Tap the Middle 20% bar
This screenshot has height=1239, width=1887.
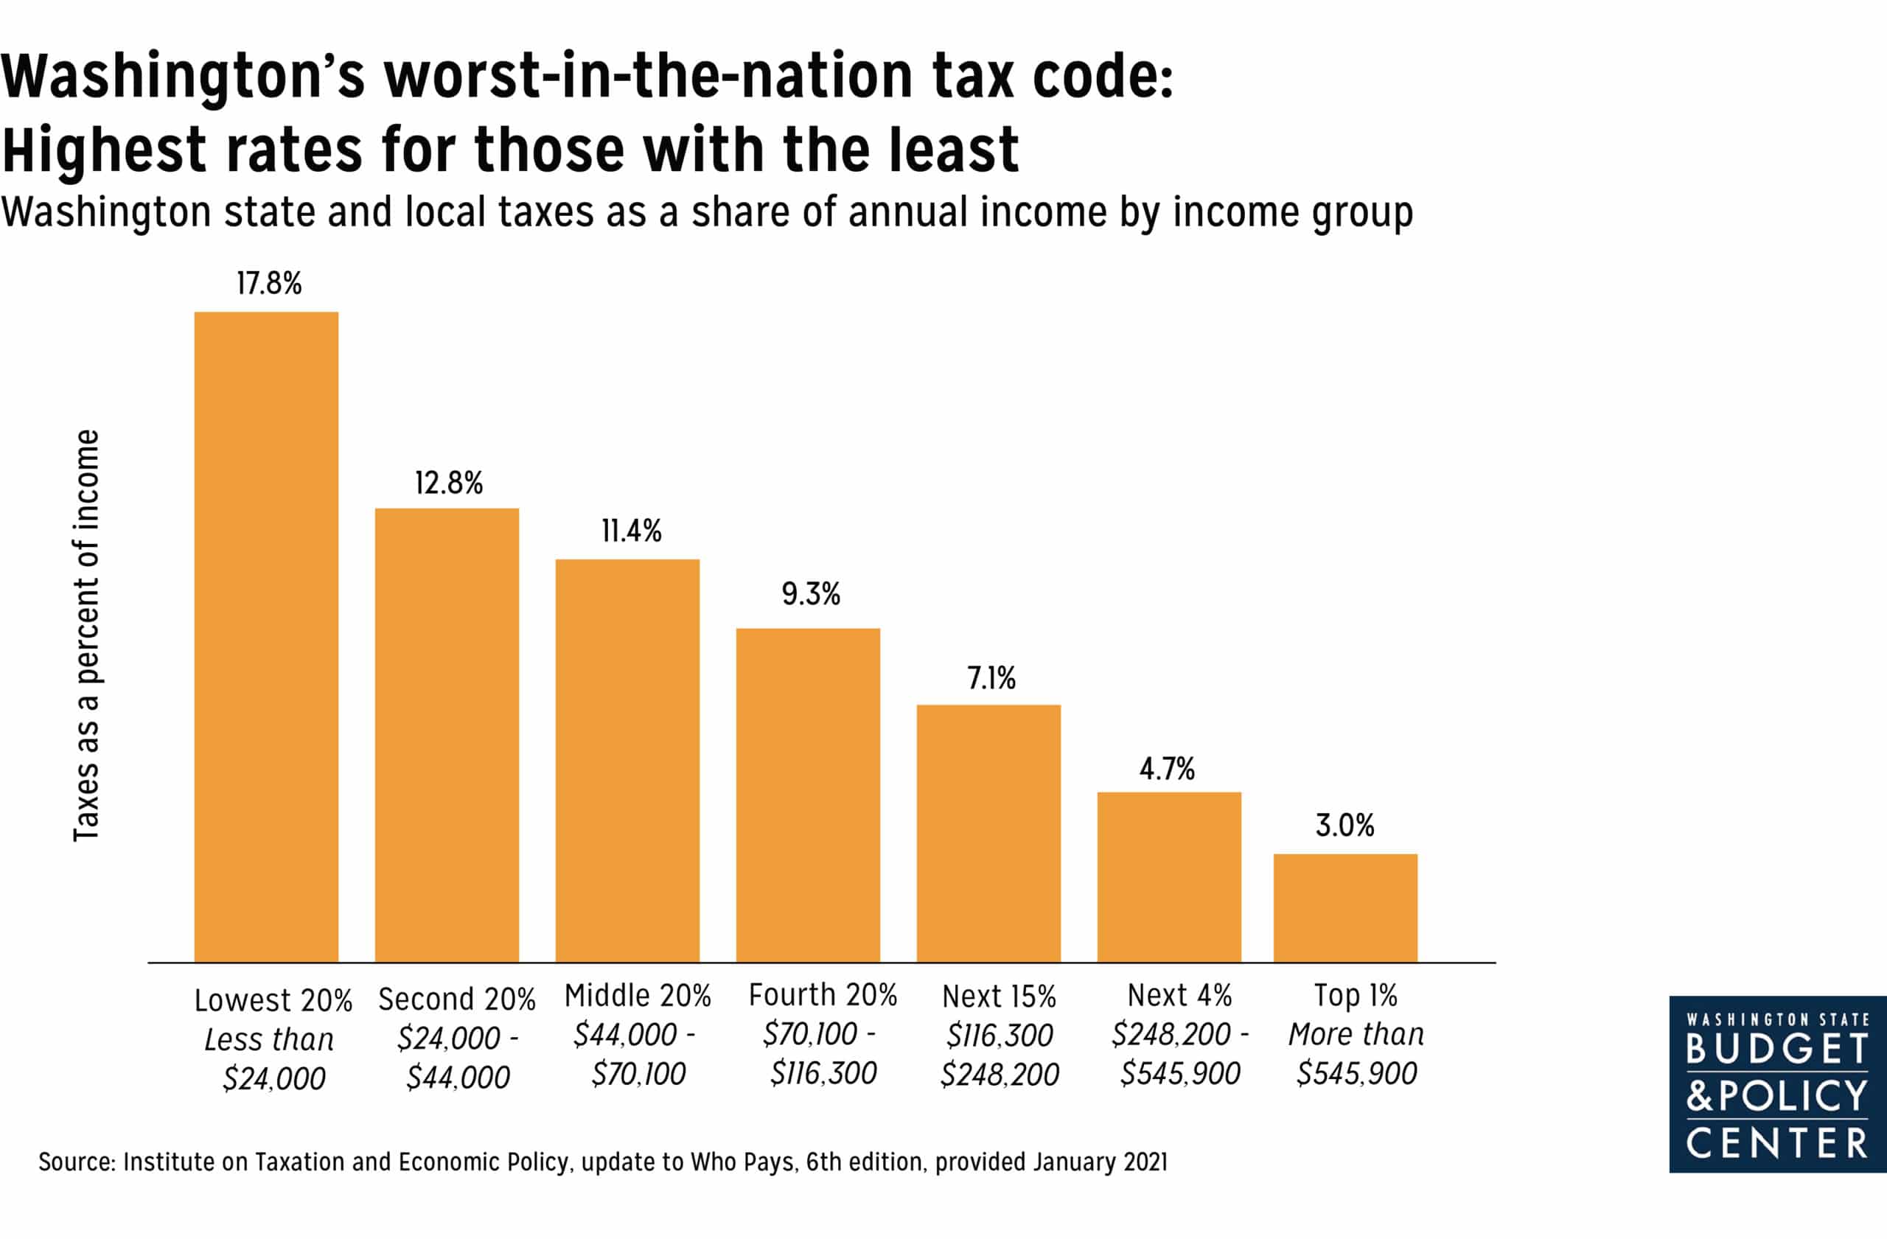coord(627,760)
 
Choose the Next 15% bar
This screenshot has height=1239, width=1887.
coord(988,833)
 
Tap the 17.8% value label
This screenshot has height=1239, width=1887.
coord(270,284)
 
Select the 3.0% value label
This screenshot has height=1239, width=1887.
coord(1344,826)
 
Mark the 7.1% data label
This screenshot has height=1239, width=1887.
coord(991,679)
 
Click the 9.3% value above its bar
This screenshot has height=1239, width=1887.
coord(810,594)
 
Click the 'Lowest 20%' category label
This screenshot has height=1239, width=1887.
coord(273,1000)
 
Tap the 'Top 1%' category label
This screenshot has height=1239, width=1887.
coord(1356,995)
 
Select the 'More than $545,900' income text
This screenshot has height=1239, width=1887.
coord(1356,1053)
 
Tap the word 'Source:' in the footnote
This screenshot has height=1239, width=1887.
coord(77,1162)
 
